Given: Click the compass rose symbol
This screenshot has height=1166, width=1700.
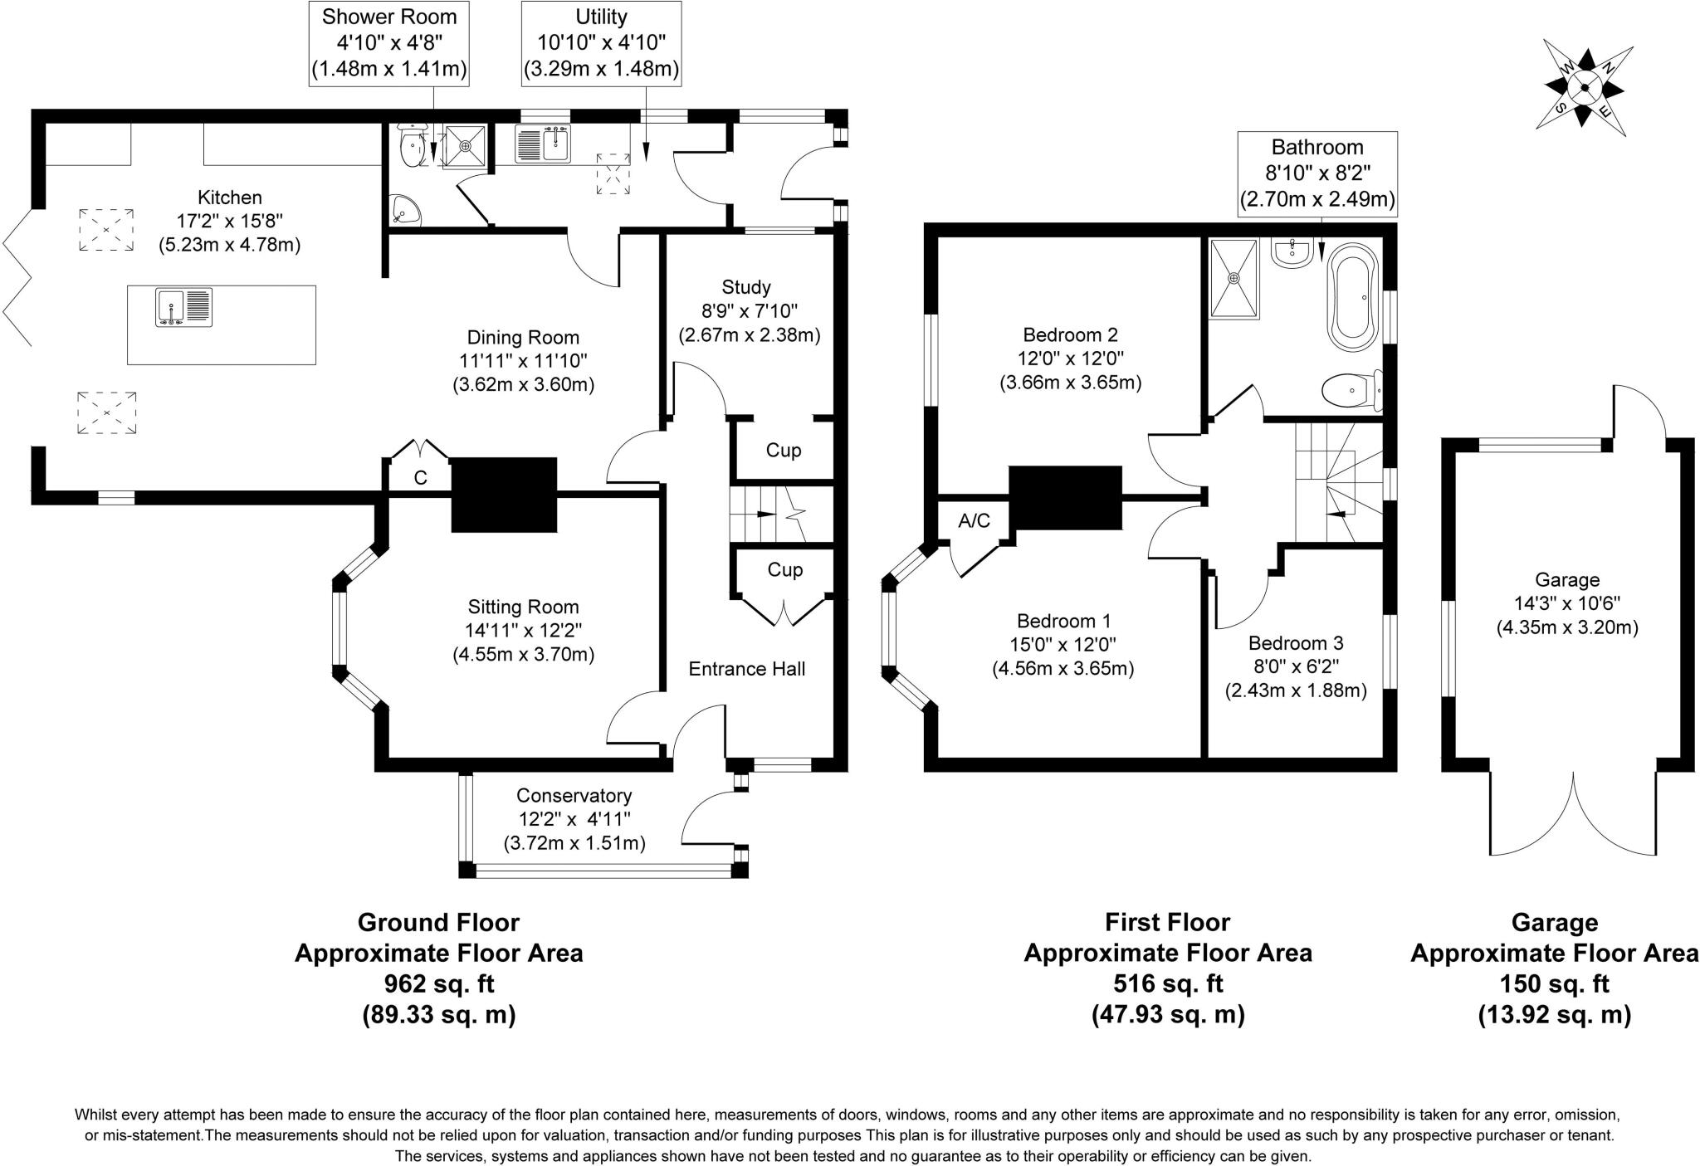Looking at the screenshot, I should [x=1584, y=87].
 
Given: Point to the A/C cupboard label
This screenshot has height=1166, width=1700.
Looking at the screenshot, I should [x=974, y=521].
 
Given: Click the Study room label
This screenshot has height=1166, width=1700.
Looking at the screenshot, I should [x=745, y=287].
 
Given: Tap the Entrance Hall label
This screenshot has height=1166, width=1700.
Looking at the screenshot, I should [x=746, y=669].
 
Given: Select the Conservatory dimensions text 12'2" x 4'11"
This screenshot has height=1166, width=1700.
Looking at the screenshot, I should [x=574, y=819].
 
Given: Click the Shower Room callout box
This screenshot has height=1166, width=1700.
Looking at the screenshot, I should [x=389, y=43].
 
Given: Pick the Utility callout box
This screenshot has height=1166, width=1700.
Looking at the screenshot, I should [x=601, y=43].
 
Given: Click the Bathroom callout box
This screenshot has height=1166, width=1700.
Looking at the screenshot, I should [x=1317, y=173].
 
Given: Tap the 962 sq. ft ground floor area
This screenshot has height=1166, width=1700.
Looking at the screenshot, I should [x=438, y=984].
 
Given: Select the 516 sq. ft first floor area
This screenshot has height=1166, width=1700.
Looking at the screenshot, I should [x=1167, y=984].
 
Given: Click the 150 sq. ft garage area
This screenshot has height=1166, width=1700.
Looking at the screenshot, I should [x=1554, y=984].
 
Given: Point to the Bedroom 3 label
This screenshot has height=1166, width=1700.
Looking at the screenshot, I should [x=1295, y=643].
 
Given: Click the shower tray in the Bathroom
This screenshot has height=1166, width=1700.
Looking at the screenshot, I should [x=1233, y=278].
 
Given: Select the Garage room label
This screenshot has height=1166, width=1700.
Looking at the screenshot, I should [x=1566, y=580].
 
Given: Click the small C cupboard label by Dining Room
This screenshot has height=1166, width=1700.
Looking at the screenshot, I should [x=420, y=478].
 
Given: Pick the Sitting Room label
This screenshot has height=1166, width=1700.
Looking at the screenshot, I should [x=523, y=607].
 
